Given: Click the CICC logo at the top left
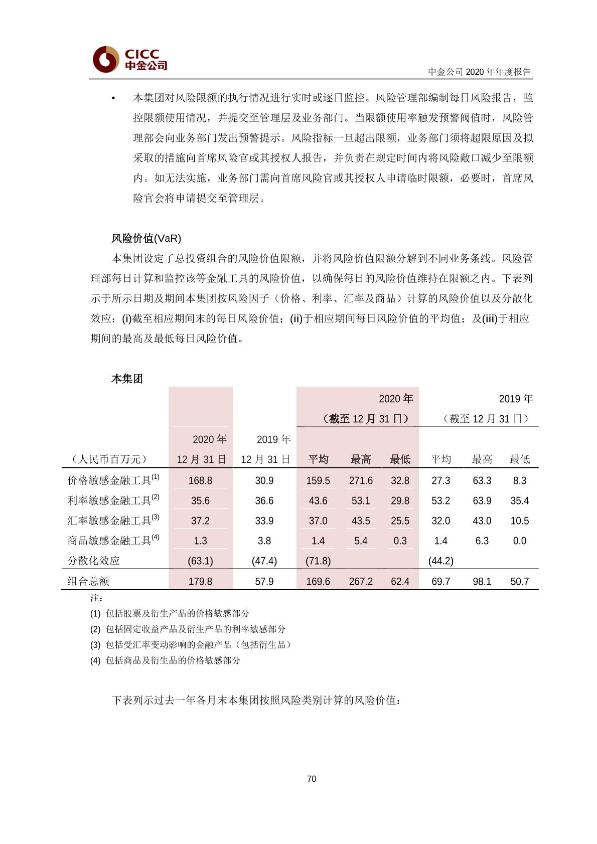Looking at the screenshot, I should click(130, 59).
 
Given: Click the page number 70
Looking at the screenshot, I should click(312, 779).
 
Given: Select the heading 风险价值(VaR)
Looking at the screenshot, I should click(146, 238).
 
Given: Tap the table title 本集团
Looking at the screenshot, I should click(127, 379).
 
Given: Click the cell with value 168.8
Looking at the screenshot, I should click(200, 480).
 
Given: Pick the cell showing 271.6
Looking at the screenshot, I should click(361, 480).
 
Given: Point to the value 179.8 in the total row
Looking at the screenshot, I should click(200, 581).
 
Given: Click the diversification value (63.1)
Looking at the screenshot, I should click(200, 561).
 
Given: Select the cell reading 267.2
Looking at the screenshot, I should click(361, 581).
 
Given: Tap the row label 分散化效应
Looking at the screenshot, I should click(94, 561).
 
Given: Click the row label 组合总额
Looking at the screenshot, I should click(88, 581).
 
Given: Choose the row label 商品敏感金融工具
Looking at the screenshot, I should click(110, 541).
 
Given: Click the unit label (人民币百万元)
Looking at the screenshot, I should click(109, 459).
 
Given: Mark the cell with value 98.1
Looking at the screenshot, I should click(482, 581).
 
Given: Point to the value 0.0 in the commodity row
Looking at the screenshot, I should click(519, 541).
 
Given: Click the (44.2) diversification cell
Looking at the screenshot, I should click(440, 561).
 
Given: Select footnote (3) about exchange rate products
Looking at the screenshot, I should click(191, 644).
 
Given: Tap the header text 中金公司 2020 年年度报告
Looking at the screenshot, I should click(479, 72).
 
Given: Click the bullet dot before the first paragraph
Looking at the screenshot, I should click(114, 98).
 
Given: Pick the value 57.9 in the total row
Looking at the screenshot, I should click(264, 581).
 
